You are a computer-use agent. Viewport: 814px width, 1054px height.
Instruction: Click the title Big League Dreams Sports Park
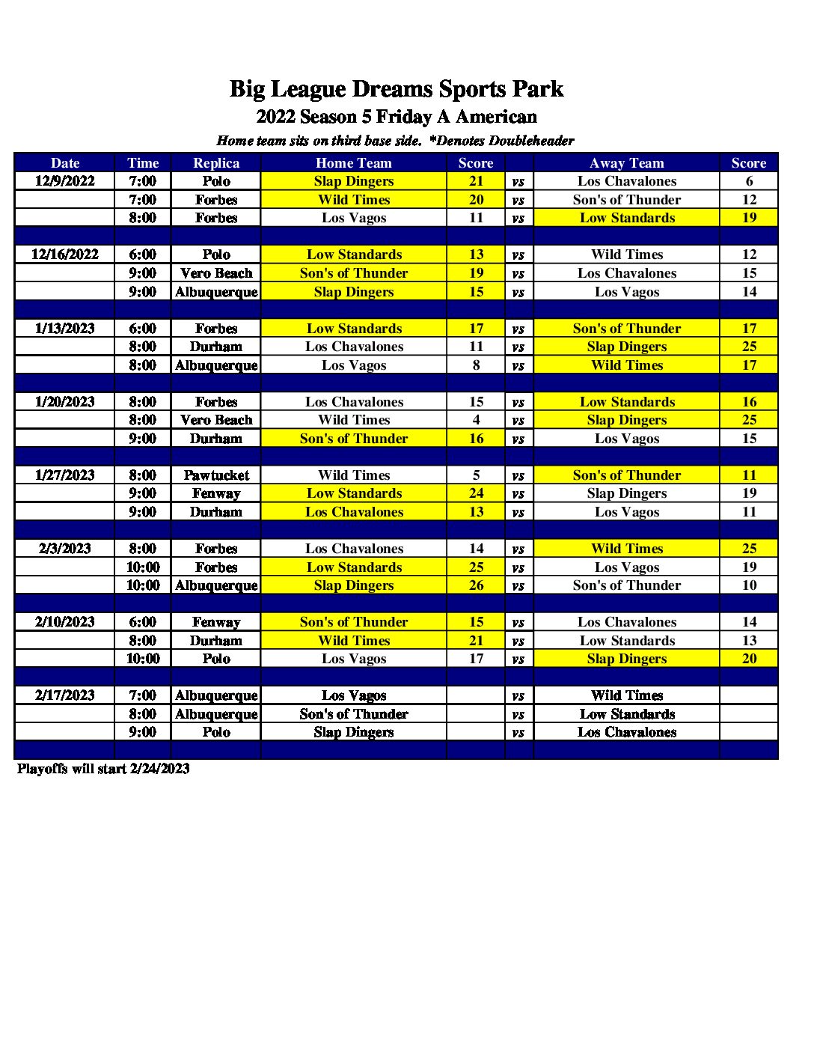tap(396, 89)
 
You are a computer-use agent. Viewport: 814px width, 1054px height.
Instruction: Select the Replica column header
tap(216, 163)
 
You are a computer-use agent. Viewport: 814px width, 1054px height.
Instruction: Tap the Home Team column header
tap(353, 163)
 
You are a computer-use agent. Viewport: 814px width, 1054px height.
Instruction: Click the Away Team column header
tap(626, 163)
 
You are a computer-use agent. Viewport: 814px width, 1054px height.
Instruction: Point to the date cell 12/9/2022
tap(65, 181)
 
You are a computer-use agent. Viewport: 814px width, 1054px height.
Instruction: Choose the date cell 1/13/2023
tap(65, 328)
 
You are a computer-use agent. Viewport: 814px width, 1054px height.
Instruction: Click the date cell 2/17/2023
tap(65, 695)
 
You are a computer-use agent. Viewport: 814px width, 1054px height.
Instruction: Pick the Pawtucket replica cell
tap(216, 475)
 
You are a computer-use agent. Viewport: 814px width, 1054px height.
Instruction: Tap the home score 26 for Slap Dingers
tap(476, 585)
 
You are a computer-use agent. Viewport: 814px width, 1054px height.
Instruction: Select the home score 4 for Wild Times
tap(476, 420)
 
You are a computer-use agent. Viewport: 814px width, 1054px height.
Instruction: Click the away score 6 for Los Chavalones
tap(749, 181)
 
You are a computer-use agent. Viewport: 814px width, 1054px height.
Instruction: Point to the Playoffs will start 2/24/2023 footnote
tap(103, 769)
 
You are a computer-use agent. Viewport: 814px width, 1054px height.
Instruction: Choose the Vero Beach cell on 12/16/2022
tap(216, 273)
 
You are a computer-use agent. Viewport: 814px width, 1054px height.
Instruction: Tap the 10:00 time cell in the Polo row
tap(143, 659)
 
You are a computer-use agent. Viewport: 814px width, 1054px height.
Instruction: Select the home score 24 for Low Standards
tap(476, 493)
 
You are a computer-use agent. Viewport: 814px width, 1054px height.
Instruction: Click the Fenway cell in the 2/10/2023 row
tap(216, 622)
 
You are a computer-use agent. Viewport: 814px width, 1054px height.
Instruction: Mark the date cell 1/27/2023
tap(65, 475)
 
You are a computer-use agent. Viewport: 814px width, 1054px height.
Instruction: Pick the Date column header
tap(65, 163)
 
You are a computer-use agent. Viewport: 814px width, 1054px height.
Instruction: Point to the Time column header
tap(143, 163)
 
